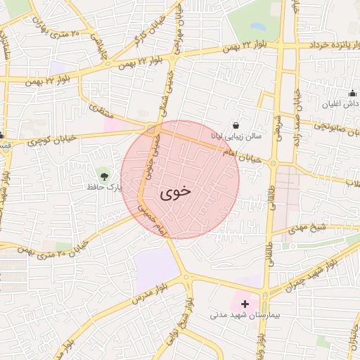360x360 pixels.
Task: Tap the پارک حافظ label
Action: point(91,187)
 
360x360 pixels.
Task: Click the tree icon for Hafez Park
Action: point(104,174)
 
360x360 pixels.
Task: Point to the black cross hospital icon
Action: point(245,304)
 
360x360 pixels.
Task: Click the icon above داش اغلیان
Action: point(352,93)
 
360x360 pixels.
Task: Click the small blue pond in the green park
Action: point(257,27)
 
